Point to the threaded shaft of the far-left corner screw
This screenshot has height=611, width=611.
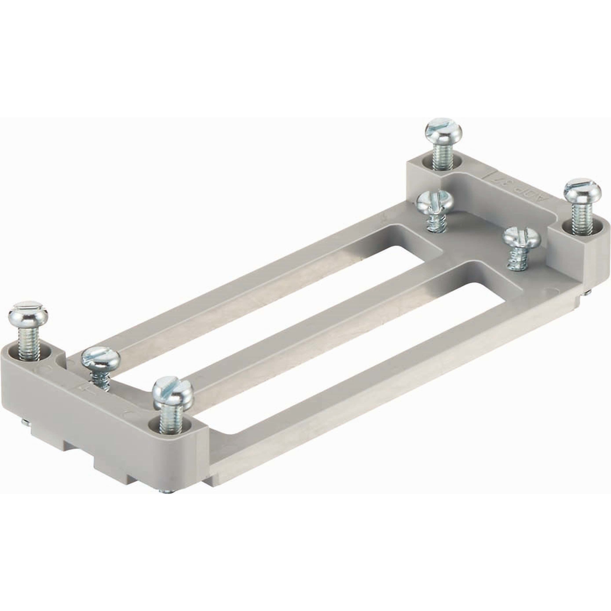(x=29, y=343)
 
